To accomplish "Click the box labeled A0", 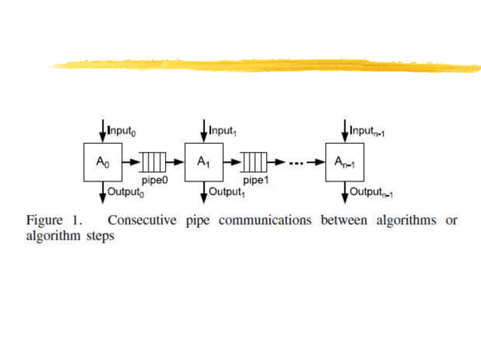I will pos(102,161).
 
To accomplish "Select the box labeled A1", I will pos(204,161).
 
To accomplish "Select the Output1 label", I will pos(227,192).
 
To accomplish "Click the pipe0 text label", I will pos(154,182).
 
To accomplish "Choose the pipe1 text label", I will pos(255,182).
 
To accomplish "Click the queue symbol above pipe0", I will pos(154,162).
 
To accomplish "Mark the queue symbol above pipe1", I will pos(255,162).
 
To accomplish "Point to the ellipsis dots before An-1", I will pos(298,162).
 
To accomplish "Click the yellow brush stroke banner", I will pos(264,65).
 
